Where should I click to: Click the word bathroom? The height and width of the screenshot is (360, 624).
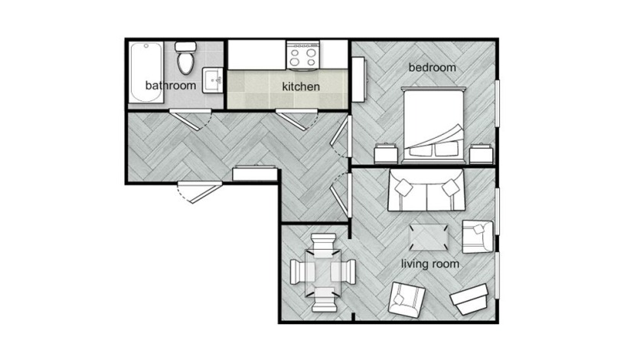[170, 84]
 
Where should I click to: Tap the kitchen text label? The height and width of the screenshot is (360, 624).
[300, 87]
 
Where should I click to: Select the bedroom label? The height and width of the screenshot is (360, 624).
[432, 67]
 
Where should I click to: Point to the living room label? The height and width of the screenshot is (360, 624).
[430, 264]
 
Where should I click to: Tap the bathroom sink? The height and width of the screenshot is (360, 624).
[214, 80]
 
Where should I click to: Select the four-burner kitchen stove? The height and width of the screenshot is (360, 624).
[302, 56]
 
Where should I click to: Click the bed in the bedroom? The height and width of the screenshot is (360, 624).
[434, 123]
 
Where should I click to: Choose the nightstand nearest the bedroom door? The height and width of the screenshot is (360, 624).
[385, 153]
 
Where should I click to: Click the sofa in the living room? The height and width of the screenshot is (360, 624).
[426, 191]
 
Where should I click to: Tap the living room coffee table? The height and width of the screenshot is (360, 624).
[429, 236]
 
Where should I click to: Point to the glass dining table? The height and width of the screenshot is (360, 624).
[322, 272]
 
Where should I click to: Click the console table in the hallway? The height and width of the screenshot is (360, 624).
[254, 173]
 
